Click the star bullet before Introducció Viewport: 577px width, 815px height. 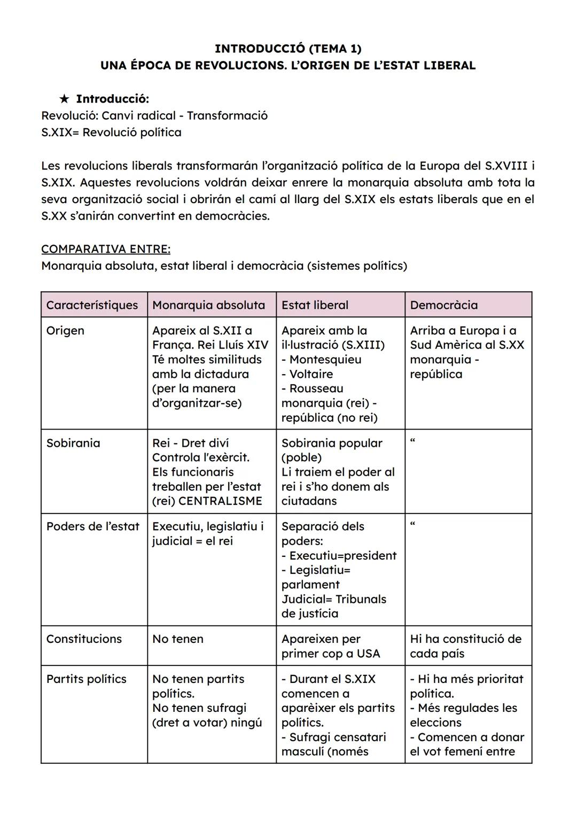click(x=64, y=99)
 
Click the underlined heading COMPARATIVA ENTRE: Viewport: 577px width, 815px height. click(x=106, y=249)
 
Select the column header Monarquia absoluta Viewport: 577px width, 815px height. click(x=208, y=305)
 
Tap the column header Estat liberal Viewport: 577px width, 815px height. click(x=315, y=305)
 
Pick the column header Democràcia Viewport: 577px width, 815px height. click(x=444, y=305)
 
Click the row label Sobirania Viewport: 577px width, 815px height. click(x=73, y=443)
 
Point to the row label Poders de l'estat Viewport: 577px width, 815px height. click(x=93, y=526)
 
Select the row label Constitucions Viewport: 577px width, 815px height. click(x=84, y=639)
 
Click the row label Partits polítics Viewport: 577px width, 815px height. click(x=87, y=679)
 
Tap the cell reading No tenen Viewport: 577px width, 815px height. click(x=178, y=639)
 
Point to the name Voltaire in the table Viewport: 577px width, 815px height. click(x=311, y=374)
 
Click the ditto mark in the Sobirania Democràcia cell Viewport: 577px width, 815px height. click(x=412, y=441)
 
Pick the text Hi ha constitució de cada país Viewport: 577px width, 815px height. click(x=465, y=646)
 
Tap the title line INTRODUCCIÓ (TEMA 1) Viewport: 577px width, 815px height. click(x=288, y=49)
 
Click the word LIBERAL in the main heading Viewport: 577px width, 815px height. click(x=449, y=66)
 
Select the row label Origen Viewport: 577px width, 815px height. click(x=65, y=330)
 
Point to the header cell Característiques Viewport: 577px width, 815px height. click(x=92, y=305)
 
